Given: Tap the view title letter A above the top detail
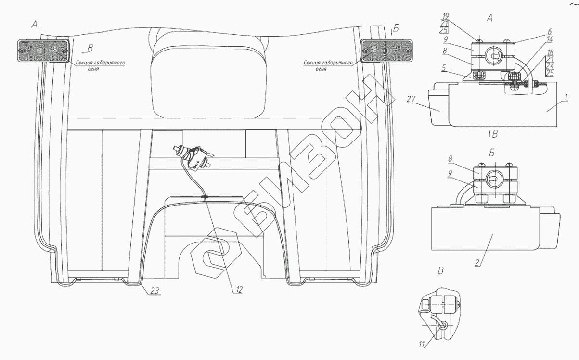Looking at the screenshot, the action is click(489, 18).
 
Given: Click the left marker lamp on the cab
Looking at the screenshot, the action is click(44, 50).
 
